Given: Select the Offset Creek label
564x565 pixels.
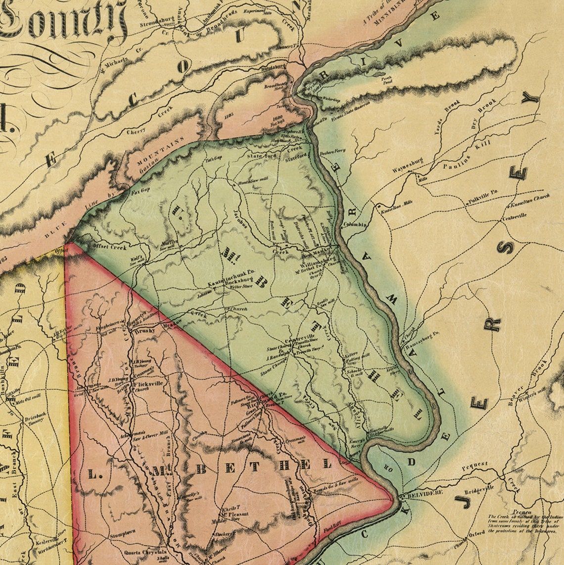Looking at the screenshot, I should point(109,247).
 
